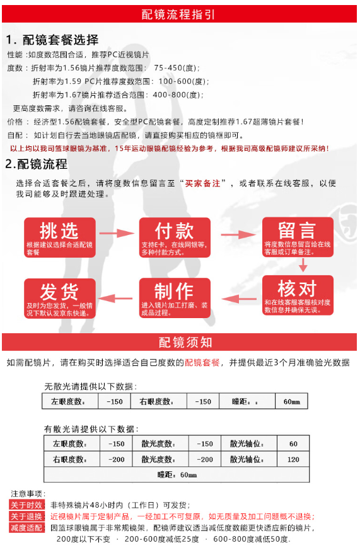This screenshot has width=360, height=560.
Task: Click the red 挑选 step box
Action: (60, 237)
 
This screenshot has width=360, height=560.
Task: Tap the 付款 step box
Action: (175, 237)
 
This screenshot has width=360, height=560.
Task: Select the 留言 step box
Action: (298, 237)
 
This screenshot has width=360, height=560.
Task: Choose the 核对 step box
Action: (298, 295)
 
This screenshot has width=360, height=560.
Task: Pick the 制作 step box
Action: (175, 298)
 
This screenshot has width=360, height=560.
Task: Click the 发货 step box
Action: (60, 298)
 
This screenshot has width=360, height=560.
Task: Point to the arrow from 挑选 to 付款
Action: (117, 234)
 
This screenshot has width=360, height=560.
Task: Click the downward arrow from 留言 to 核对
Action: (303, 265)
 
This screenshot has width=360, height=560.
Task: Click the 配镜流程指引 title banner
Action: (180, 14)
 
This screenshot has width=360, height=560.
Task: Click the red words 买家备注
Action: (202, 183)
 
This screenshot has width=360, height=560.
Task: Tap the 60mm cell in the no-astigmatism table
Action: (291, 401)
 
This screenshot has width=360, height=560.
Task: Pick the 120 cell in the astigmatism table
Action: (293, 460)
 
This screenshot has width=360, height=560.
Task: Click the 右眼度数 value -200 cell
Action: (116, 460)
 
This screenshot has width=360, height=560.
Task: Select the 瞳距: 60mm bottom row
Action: (177, 475)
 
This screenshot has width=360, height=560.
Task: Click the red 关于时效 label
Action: (26, 505)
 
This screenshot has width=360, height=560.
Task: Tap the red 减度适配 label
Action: (26, 528)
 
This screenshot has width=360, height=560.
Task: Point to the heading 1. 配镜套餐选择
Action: (52, 40)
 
